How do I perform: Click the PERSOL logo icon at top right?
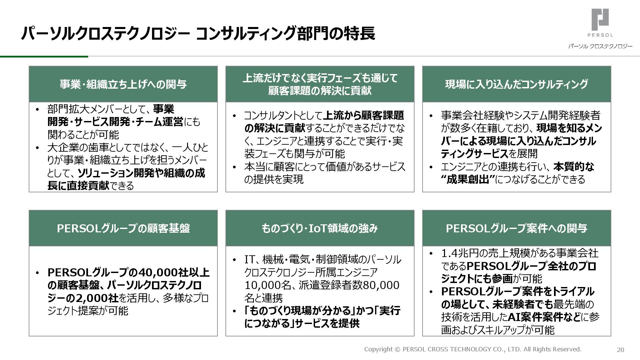click(x=600, y=20)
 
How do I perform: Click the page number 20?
click(x=620, y=350)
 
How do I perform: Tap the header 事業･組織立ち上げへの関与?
click(x=123, y=84)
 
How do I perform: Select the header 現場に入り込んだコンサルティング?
click(x=516, y=84)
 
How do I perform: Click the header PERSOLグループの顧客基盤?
click(x=123, y=228)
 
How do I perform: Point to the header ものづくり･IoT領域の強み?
click(x=320, y=228)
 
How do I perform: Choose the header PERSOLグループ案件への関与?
click(x=516, y=228)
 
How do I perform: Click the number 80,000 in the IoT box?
click(x=381, y=285)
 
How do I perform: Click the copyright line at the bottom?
click(x=472, y=349)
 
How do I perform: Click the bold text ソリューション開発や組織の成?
click(x=141, y=173)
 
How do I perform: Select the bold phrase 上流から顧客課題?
click(x=363, y=116)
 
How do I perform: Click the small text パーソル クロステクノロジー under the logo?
click(x=600, y=46)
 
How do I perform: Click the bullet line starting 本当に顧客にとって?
click(x=325, y=167)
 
